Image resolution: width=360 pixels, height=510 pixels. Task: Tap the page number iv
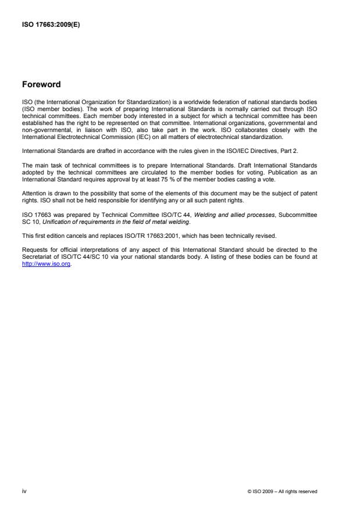coord(23,491)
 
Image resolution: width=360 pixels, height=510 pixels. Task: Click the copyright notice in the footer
coord(282,491)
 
